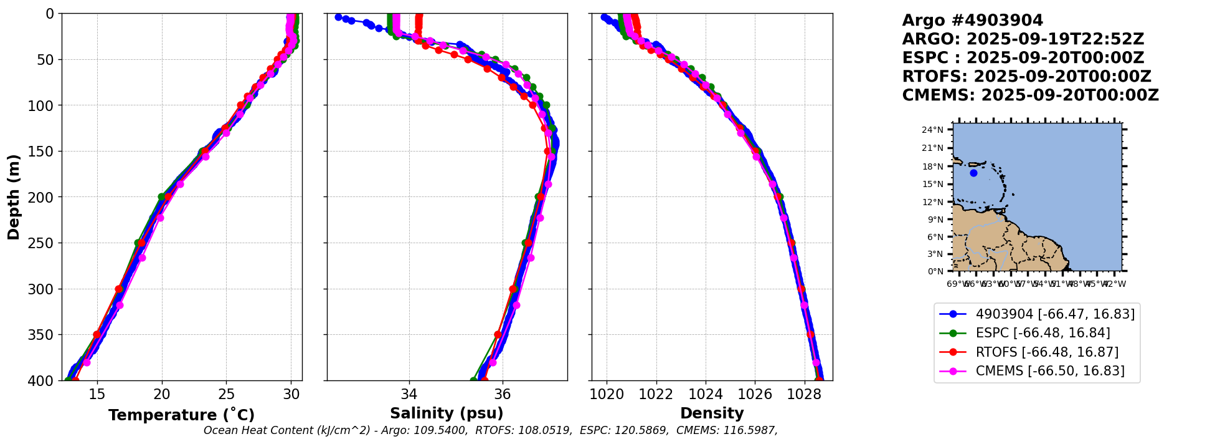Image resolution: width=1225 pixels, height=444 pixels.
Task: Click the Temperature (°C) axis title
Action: [x=181, y=415]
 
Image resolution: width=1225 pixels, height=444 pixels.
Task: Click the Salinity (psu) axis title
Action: [x=447, y=413]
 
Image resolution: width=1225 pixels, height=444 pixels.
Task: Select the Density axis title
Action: [x=712, y=413]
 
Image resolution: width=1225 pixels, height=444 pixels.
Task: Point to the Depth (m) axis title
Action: [x=14, y=196]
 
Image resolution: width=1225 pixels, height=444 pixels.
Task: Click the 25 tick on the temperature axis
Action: [x=227, y=394]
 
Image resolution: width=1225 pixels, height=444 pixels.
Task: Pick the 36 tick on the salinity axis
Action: [x=502, y=394]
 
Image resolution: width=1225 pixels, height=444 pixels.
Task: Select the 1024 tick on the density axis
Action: [x=706, y=394]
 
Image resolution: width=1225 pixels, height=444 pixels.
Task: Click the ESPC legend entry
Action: [x=1043, y=333]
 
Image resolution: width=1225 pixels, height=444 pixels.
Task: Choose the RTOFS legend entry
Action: [x=1047, y=352]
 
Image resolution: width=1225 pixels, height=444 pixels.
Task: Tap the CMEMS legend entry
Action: [x=1050, y=371]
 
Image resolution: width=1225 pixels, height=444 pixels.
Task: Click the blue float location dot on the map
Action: [x=973, y=173]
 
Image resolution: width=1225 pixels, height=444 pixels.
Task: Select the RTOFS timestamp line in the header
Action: [x=1026, y=77]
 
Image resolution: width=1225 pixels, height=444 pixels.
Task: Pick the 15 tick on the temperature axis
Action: [x=97, y=394]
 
